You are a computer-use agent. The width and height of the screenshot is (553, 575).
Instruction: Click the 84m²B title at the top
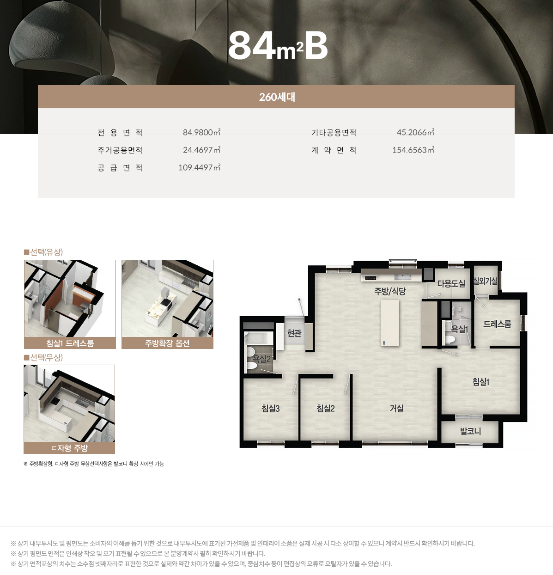pos(278,46)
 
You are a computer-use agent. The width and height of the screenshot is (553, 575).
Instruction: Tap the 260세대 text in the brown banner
pos(277,97)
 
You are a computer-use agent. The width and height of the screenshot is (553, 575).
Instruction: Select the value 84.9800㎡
pos(201,133)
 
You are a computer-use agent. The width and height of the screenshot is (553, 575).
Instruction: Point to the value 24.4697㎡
pos(201,150)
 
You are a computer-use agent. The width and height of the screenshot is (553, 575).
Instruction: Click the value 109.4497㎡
pos(199,168)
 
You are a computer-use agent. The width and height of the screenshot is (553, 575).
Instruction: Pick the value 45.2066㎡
pos(415,133)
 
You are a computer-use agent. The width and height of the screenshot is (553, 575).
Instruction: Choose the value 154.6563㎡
pos(413,150)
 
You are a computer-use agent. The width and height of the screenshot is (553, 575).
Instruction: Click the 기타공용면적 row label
pos(334,133)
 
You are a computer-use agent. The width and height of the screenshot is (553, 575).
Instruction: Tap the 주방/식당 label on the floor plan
pos(389,291)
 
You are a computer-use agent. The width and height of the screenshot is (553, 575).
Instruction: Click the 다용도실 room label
pos(451,284)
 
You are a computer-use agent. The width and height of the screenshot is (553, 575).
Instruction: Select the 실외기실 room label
pos(485,281)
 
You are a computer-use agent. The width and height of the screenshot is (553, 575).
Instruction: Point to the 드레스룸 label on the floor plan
pos(497,324)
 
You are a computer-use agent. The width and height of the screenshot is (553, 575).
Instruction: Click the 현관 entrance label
pos(294,333)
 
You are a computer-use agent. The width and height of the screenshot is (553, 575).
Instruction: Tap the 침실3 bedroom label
pos(270,408)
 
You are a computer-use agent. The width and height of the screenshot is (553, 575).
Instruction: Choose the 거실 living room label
pos(396,408)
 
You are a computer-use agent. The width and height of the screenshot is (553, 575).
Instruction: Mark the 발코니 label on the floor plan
pos(470,431)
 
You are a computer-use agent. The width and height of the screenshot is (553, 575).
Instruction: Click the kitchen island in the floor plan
pos(389,323)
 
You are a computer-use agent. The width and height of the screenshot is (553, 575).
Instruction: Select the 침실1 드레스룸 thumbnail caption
pos(70,343)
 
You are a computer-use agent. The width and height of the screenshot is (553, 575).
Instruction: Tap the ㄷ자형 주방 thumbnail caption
pos(69,448)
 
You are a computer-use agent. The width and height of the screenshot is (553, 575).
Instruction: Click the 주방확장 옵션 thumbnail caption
pos(167,343)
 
